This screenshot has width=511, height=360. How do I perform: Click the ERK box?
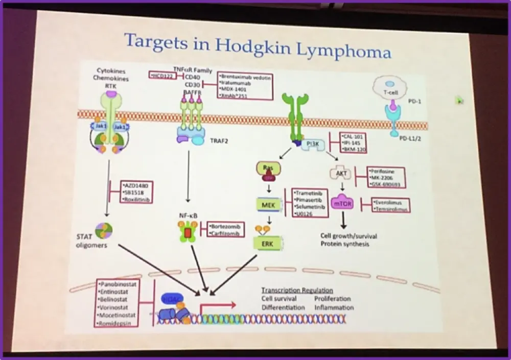pos(267,244)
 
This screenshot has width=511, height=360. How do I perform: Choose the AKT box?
pos(341,174)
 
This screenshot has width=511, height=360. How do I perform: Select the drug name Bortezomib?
pos(226,225)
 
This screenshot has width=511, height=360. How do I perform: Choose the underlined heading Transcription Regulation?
pos(297,290)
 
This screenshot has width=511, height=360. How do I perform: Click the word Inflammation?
pos(333,307)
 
